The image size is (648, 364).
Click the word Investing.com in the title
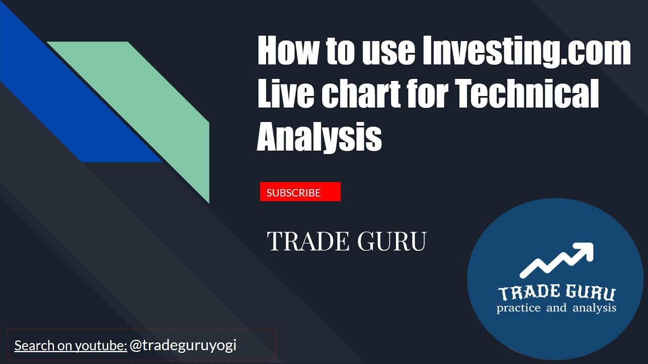[x=526, y=52]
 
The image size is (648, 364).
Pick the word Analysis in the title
[x=319, y=138]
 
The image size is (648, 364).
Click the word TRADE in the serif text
[x=308, y=242]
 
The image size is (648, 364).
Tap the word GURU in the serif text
[x=392, y=242]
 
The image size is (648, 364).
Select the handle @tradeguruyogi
[x=183, y=346]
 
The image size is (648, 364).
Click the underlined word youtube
[x=100, y=346]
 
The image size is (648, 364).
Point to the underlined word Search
[x=34, y=346]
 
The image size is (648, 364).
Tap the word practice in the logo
[x=518, y=307]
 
